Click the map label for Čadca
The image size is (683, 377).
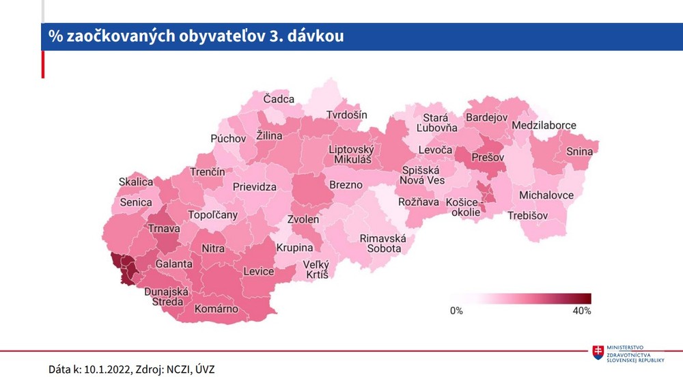point(279,99)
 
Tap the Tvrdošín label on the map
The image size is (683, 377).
point(346,115)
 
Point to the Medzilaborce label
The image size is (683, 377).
point(544,126)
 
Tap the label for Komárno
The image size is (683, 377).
point(217,309)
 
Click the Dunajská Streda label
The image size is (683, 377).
point(163,296)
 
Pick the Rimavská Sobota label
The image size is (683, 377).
point(383,243)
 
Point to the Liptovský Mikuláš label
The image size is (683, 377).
point(352,154)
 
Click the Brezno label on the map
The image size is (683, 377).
point(346,185)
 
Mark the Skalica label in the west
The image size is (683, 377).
point(136,182)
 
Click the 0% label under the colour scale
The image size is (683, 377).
point(456,311)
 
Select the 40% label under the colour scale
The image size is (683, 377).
point(581,311)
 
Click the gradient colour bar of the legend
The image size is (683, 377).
point(520,298)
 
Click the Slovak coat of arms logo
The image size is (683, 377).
point(598,353)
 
